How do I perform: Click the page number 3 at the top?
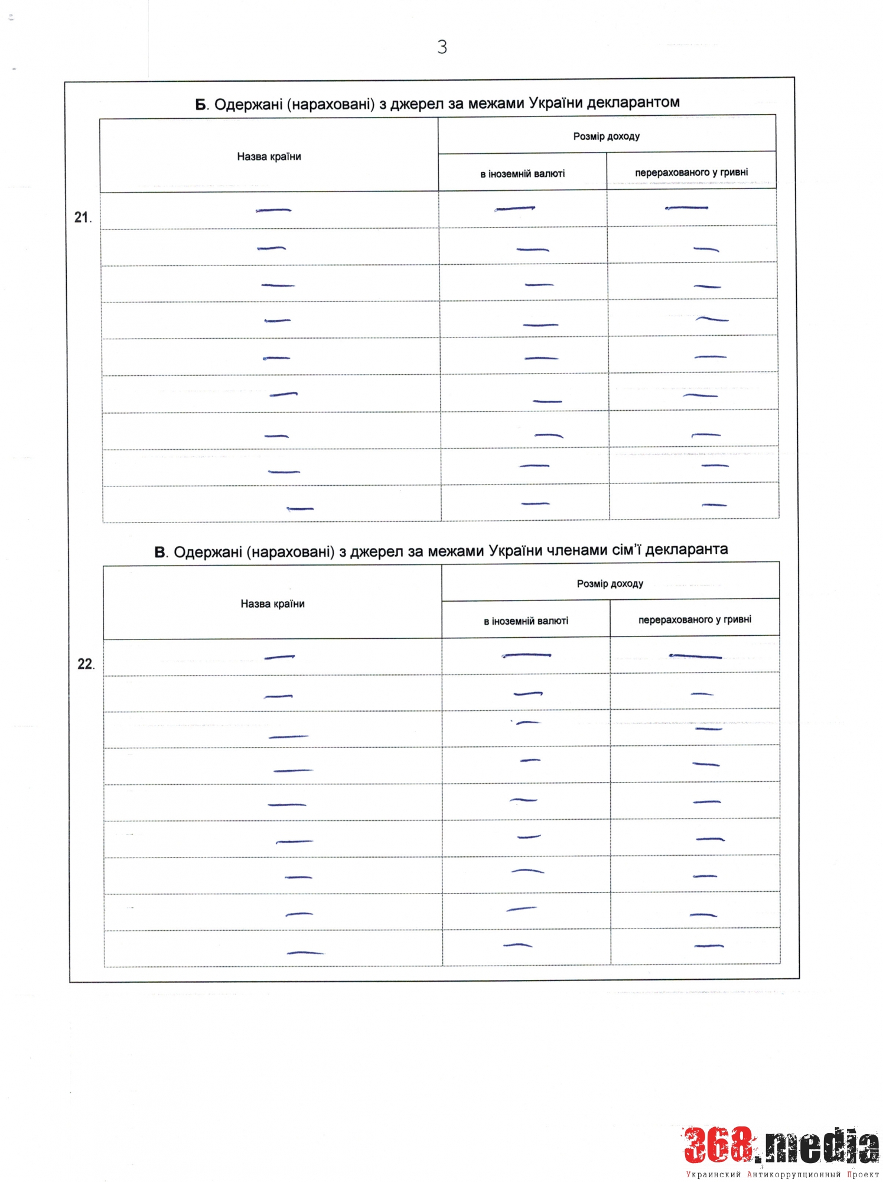point(442,47)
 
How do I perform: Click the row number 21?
point(82,217)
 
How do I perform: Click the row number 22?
point(86,664)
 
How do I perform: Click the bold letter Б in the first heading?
point(201,105)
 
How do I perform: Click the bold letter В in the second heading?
point(160,553)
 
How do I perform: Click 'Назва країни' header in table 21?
point(269,157)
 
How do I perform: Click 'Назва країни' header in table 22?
point(272,604)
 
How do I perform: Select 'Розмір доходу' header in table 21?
point(606,137)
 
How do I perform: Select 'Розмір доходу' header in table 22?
point(610,584)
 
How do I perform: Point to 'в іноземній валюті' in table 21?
point(522,174)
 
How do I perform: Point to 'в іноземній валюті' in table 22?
point(526,621)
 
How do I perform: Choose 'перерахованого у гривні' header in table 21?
point(691,173)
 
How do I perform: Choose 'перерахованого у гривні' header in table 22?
point(695,620)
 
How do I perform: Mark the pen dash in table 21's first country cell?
point(273,210)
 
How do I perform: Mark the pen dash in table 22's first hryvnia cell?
point(695,657)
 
